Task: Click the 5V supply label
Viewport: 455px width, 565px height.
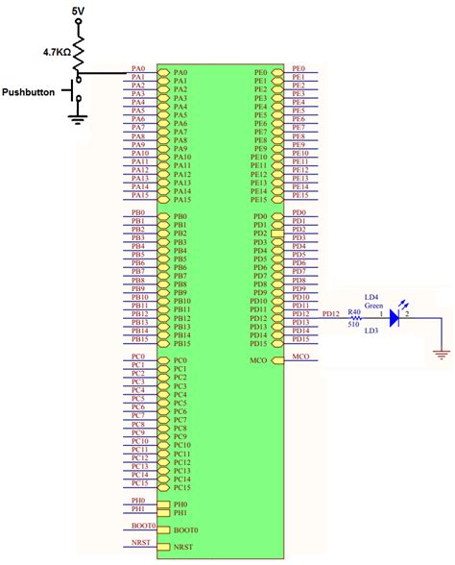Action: (x=78, y=9)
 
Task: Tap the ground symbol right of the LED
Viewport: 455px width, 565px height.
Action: (x=441, y=353)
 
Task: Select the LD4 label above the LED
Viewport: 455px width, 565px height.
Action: (x=371, y=297)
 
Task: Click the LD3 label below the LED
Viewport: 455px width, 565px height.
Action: (x=371, y=331)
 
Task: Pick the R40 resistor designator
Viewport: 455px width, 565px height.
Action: (x=354, y=311)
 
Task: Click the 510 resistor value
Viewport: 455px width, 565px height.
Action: (x=354, y=324)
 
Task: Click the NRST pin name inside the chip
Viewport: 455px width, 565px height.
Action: (x=182, y=547)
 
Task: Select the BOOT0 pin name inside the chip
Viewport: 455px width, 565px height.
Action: (x=184, y=529)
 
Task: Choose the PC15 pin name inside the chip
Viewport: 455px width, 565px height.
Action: (x=182, y=487)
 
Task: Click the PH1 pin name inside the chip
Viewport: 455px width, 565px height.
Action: (x=180, y=512)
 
